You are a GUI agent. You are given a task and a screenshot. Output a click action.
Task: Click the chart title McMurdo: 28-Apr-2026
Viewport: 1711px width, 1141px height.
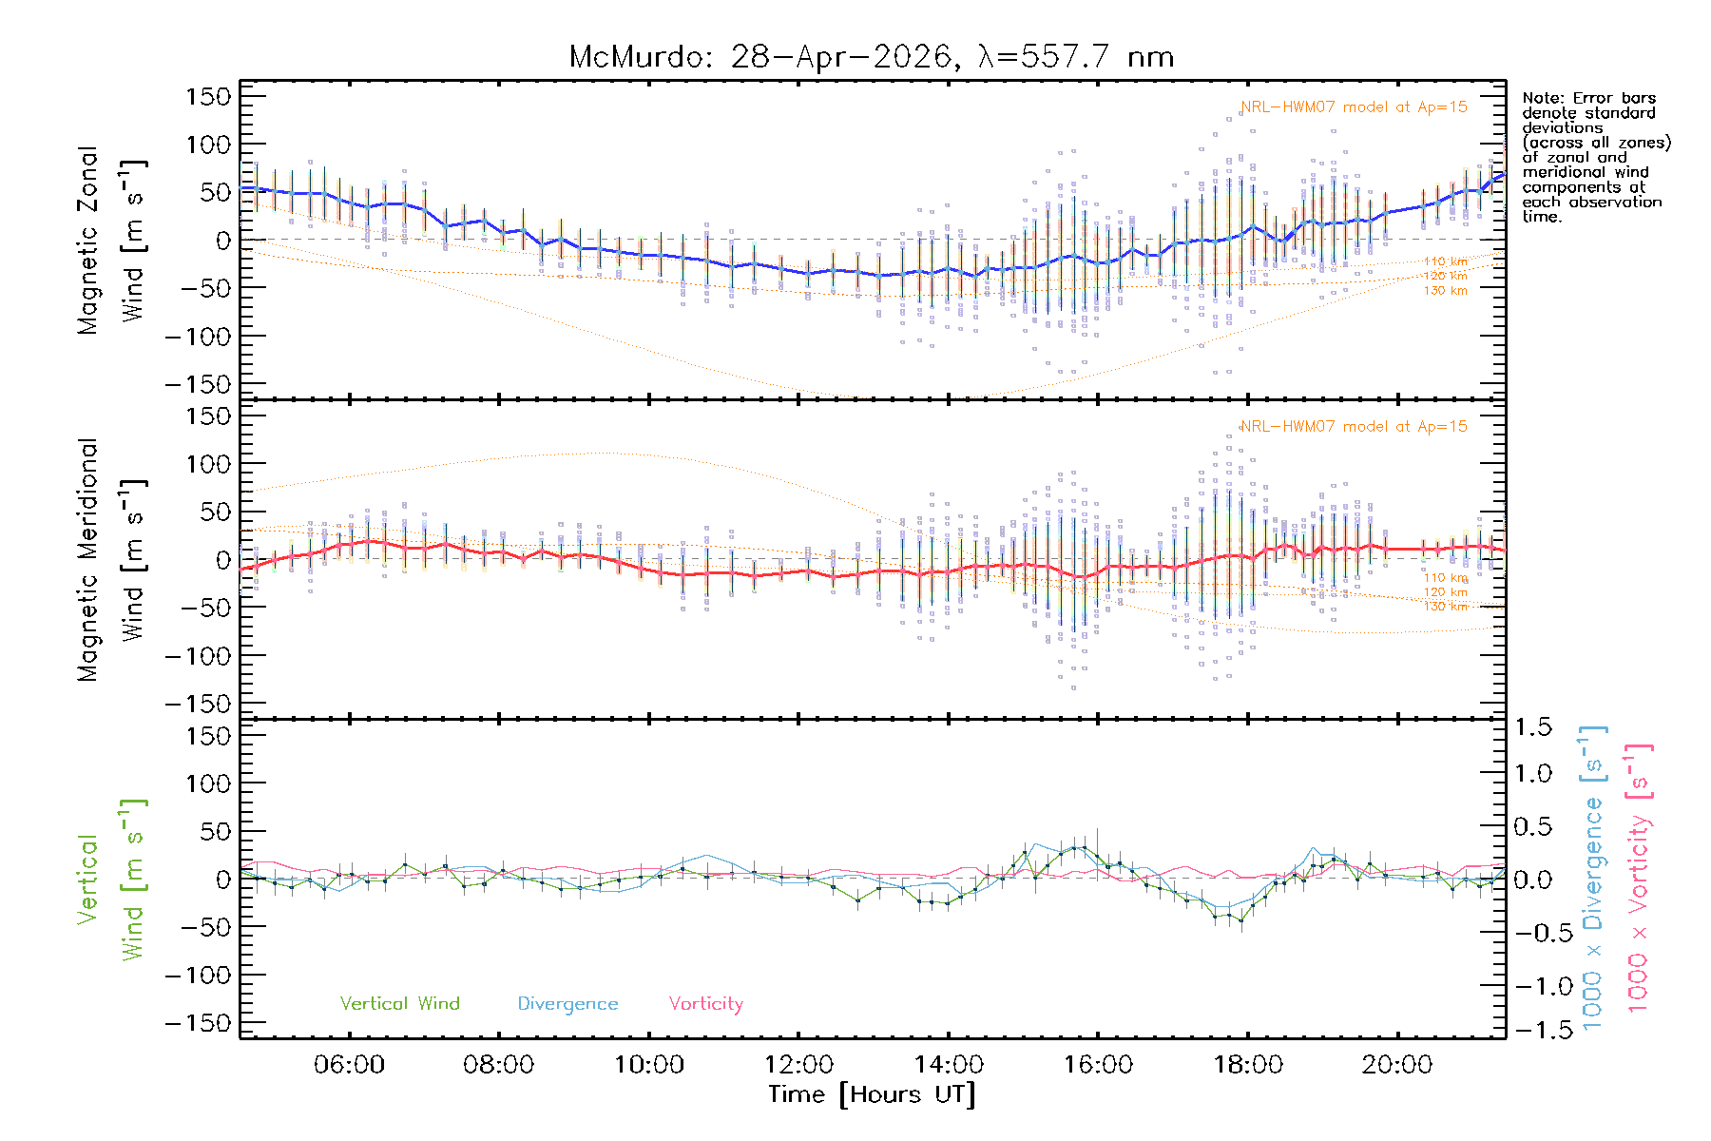point(760,57)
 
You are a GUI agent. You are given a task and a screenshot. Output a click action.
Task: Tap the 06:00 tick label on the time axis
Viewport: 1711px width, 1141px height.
point(349,1064)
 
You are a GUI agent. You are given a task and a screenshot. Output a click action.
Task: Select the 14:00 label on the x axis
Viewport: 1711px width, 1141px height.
point(949,1064)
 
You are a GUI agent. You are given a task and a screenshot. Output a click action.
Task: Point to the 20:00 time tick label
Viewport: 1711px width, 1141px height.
point(1397,1064)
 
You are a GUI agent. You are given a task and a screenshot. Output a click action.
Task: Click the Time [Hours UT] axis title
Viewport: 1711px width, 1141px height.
point(872,1094)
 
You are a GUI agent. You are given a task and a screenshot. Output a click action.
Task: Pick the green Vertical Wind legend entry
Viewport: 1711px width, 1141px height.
point(400,1003)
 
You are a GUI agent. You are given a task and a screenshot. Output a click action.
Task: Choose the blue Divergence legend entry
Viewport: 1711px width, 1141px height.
point(567,1004)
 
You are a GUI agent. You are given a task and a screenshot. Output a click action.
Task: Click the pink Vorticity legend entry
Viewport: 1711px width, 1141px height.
point(705,1004)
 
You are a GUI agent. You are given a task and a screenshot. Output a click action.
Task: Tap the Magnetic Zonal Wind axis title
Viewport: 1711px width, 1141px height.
point(111,240)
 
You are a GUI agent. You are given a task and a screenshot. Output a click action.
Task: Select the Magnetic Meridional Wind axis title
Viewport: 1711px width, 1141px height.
point(111,560)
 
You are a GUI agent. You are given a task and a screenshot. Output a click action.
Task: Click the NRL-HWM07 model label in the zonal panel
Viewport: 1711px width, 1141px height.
point(1354,106)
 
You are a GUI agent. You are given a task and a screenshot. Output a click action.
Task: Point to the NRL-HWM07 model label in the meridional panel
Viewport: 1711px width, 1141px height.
point(1354,426)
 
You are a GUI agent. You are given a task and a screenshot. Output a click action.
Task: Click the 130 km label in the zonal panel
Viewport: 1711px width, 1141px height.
point(1445,291)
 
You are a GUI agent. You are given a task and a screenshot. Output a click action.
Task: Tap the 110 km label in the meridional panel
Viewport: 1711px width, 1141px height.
point(1445,577)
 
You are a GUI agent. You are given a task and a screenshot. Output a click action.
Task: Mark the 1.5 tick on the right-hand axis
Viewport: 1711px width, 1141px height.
point(1533,727)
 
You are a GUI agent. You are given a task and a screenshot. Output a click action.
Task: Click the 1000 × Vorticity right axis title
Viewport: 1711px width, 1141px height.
point(1639,878)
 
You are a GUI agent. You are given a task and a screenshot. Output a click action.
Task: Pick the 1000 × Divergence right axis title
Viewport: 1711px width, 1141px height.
point(1593,878)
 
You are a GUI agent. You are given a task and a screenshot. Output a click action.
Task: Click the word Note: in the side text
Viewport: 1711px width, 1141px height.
point(1542,98)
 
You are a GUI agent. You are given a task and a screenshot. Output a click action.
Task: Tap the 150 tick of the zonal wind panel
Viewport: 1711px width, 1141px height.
point(208,96)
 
